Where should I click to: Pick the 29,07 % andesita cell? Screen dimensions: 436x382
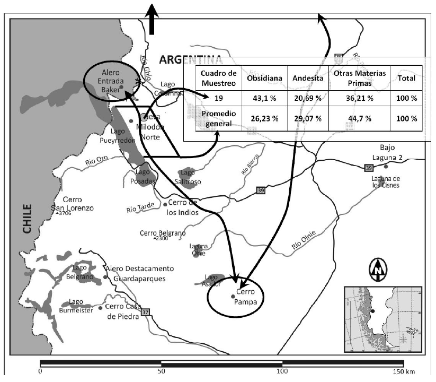(307, 118)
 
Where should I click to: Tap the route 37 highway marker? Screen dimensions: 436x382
(146, 312)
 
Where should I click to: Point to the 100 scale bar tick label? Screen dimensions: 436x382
(282, 371)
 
